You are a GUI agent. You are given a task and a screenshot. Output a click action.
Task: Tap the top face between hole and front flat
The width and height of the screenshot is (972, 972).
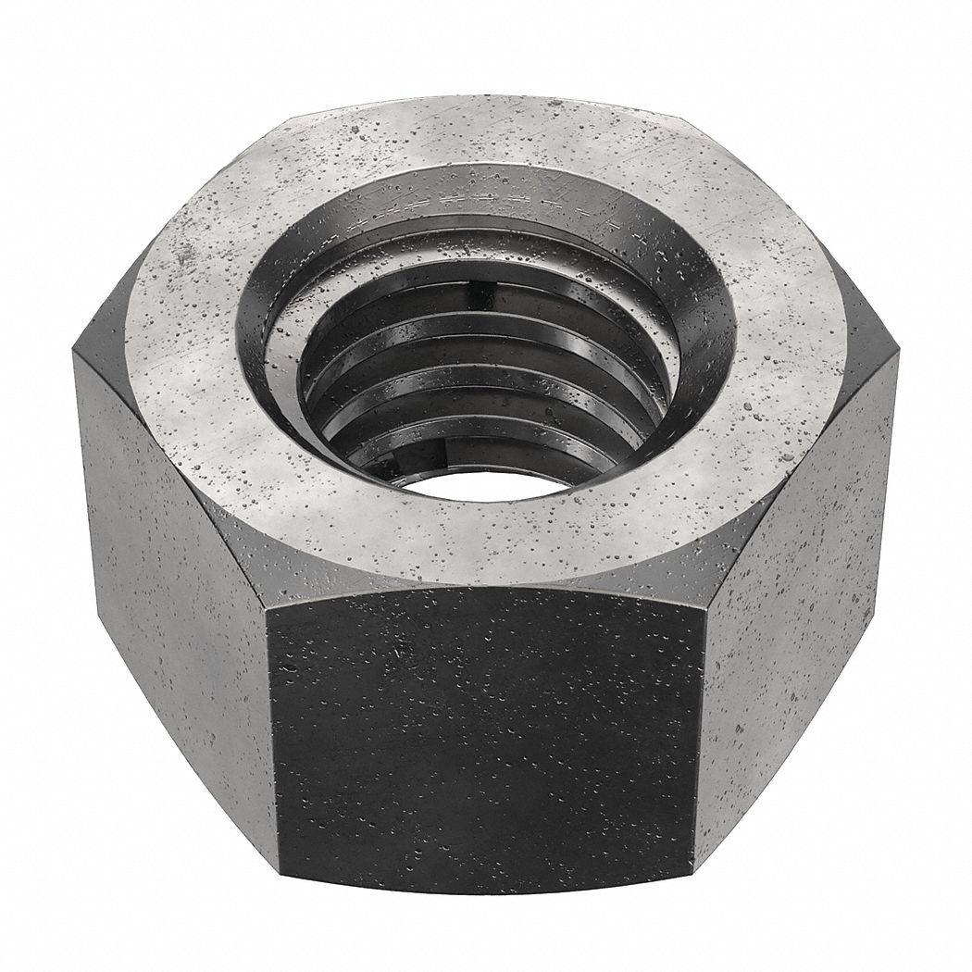pos(481,546)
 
